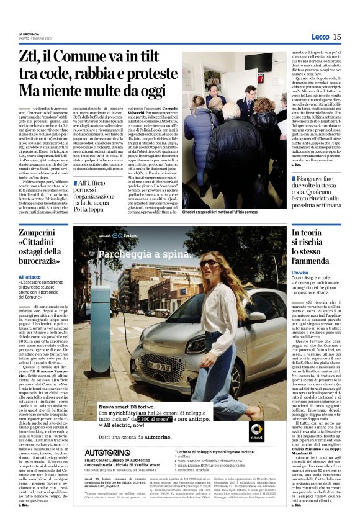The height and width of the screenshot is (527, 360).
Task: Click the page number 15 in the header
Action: (336, 37)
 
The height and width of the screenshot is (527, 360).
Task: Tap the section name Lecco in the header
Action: (319, 37)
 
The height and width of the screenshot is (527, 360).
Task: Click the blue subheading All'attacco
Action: (30, 276)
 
